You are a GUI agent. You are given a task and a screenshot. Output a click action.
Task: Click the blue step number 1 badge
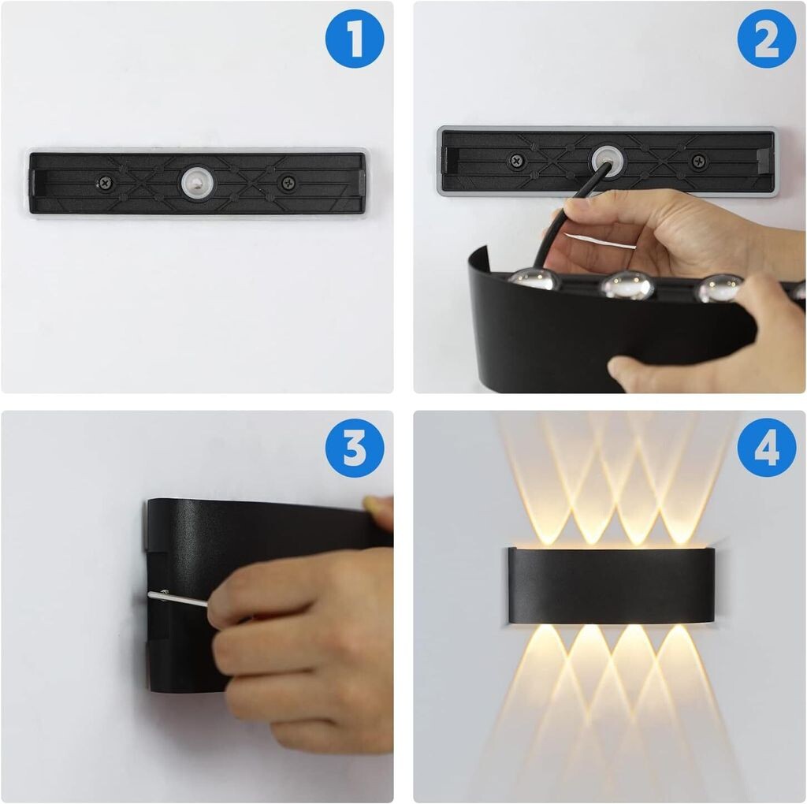tap(355, 38)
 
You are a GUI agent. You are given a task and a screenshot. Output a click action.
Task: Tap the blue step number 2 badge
tap(767, 38)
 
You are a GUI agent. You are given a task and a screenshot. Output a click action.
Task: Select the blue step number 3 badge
tap(355, 447)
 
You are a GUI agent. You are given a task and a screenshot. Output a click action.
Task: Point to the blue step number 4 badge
tap(767, 447)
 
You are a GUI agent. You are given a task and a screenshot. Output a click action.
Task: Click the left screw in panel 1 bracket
tap(106, 182)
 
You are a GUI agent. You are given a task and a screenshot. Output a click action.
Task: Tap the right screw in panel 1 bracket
tap(286, 182)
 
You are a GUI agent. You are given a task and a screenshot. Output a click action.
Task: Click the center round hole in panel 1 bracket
tap(196, 182)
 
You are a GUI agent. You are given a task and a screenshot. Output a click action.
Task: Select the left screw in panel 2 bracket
tap(516, 161)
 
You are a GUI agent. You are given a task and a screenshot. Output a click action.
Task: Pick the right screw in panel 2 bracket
tap(698, 161)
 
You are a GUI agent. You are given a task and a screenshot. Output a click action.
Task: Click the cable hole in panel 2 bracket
tap(607, 160)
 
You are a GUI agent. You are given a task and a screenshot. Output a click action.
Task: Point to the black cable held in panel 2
tap(565, 216)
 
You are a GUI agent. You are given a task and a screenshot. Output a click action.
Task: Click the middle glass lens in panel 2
tap(628, 284)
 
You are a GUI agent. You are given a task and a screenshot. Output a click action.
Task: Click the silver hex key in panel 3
tap(177, 598)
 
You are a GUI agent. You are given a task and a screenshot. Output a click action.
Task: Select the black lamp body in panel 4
tap(612, 585)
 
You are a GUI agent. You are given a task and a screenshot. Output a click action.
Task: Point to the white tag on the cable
tap(600, 240)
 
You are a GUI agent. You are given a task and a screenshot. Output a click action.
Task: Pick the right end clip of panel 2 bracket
tap(764, 159)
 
